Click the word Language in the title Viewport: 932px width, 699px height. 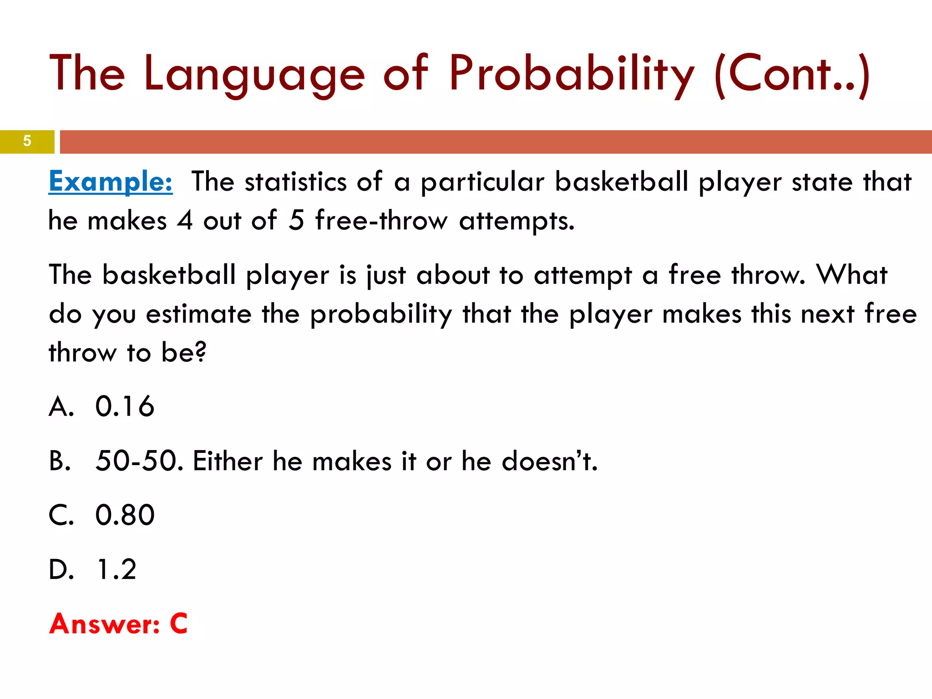coord(254,74)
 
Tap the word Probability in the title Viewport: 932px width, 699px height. coord(572,74)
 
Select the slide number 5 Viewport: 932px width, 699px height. coord(27,141)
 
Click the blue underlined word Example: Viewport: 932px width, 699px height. coord(111,182)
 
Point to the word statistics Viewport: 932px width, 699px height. coord(296,182)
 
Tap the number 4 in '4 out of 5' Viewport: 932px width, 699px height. coord(185,221)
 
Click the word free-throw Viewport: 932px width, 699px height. coord(381,221)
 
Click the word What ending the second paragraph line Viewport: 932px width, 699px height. coord(851,275)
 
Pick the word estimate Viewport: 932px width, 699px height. coord(199,314)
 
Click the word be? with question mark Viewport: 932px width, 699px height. coord(184,352)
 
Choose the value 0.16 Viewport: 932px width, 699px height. coord(125,406)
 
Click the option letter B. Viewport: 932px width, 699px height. coord(60,461)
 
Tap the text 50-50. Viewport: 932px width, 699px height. coord(139,461)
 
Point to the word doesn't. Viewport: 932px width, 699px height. coord(549,461)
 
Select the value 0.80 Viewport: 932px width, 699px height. coord(125,515)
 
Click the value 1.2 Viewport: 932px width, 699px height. coord(116,569)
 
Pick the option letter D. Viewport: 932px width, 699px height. coord(61,569)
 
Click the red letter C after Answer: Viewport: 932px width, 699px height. coord(179,623)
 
